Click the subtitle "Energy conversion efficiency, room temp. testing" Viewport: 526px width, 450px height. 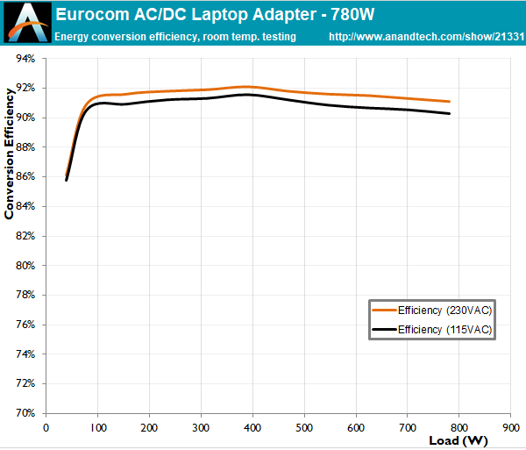click(174, 38)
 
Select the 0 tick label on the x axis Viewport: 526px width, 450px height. click(46, 427)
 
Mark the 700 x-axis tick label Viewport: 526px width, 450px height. click(407, 427)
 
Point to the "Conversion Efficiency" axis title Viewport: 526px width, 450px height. click(10, 150)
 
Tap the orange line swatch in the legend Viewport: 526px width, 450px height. click(384, 311)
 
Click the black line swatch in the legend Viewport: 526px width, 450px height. click(384, 330)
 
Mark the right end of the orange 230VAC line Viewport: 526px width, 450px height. click(450, 102)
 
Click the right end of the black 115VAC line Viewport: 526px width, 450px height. click(450, 113)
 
